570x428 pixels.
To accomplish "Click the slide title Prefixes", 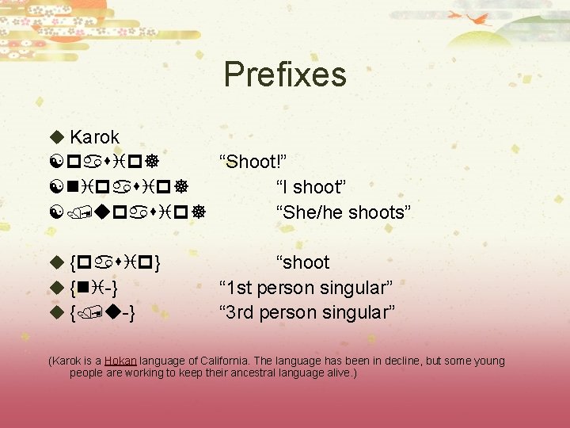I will [285, 75].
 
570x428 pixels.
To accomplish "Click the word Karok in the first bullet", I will [94, 137].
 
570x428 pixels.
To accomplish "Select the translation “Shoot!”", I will [253, 162].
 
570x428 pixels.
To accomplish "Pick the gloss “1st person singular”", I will [306, 287].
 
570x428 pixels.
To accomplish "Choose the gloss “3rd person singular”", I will [307, 312].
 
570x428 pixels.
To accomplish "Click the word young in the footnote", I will [489, 361].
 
